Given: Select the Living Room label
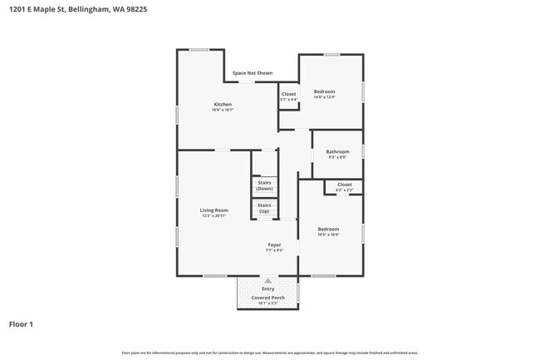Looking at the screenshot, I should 214,210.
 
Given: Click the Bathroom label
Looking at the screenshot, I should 337,151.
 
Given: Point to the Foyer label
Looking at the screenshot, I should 274,244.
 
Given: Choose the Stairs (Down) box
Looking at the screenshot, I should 264,185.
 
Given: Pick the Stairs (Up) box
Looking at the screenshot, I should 264,208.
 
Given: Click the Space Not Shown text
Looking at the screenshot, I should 253,73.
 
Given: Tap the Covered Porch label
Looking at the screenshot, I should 268,297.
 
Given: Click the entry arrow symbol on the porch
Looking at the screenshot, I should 268,281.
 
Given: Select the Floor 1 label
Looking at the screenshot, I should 22,324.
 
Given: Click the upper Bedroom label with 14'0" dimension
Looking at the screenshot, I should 325,91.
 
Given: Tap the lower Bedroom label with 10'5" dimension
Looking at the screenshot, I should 328,229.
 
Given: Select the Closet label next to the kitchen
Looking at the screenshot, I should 288,94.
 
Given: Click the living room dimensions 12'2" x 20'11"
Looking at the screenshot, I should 214,216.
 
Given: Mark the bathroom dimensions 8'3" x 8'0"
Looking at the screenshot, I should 337,157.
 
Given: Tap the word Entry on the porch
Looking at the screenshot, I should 268,288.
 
